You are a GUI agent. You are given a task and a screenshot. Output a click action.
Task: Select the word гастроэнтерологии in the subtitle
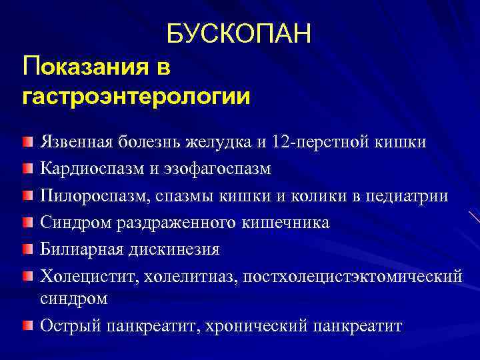click(137, 97)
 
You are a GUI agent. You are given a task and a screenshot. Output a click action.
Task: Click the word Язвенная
click(76, 142)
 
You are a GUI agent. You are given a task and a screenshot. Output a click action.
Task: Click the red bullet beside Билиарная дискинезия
click(26, 248)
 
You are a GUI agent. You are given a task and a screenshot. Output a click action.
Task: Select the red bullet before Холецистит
click(26, 275)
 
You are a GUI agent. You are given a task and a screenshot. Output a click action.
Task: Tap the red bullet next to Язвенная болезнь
click(26, 143)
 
